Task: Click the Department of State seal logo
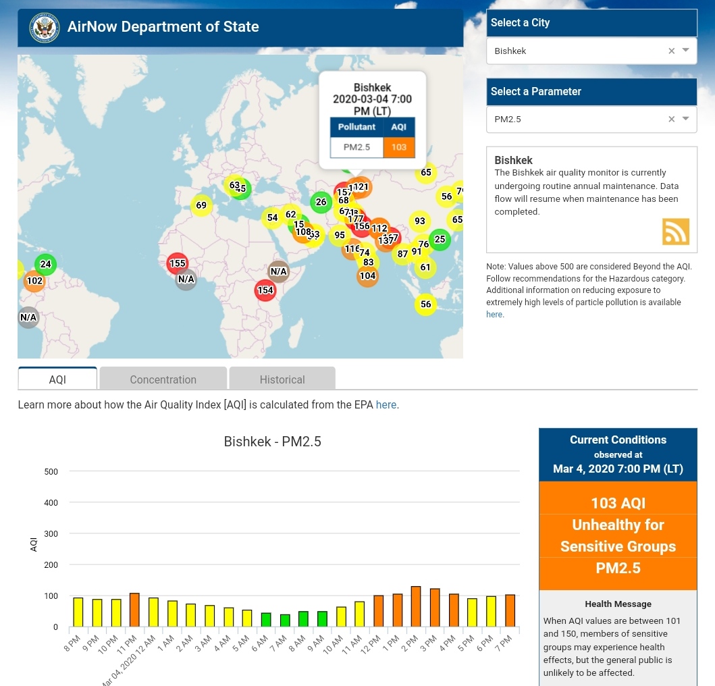45,28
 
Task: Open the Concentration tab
163,379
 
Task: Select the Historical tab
282,379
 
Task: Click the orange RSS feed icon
675,232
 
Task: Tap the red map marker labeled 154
265,290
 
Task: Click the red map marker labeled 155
178,263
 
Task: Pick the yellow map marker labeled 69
201,205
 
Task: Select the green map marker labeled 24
45,264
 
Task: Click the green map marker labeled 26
321,201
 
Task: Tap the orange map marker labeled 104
367,275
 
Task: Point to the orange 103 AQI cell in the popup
398,147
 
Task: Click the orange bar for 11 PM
134,610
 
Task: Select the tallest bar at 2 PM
416,606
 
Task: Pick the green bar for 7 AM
285,620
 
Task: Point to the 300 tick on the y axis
51,534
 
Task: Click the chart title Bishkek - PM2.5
272,442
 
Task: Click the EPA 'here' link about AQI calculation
386,405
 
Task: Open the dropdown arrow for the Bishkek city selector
686,50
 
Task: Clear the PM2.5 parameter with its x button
671,119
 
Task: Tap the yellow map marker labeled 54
272,217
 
